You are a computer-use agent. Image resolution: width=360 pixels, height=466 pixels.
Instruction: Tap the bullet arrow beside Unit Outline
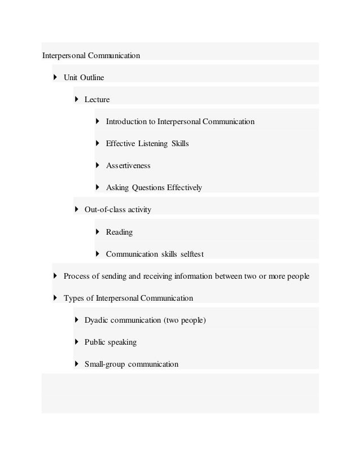coord(55,77)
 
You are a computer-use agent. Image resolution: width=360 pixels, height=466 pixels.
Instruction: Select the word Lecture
coord(97,100)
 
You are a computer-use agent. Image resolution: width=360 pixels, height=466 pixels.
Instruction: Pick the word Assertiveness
coord(128,166)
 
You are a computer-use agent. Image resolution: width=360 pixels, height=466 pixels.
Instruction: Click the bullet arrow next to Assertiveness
coord(98,165)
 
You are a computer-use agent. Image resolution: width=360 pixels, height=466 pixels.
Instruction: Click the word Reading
coord(120,232)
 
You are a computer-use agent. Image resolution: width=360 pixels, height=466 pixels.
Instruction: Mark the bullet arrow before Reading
coord(98,231)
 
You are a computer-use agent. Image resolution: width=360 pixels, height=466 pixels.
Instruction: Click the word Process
coord(77,276)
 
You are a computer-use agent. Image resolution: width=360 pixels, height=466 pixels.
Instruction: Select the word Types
coord(73,298)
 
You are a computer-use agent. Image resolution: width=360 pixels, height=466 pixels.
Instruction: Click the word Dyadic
coord(96,320)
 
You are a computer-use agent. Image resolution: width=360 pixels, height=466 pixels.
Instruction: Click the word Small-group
coord(105,364)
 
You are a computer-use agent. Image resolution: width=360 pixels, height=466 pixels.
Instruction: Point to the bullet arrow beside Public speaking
coord(76,342)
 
